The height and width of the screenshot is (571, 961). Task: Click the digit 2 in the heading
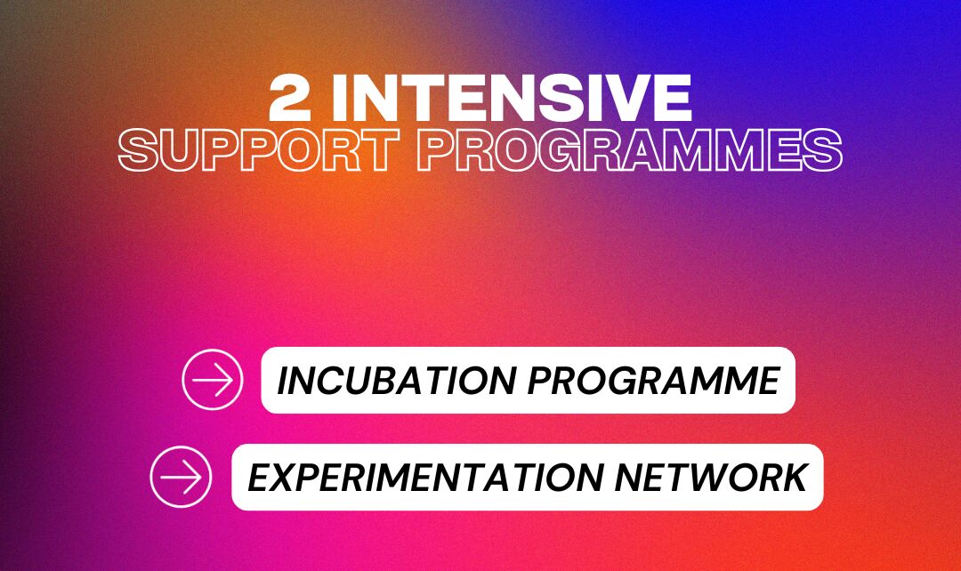pos(290,98)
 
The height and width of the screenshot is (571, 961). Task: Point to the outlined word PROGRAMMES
pos(630,150)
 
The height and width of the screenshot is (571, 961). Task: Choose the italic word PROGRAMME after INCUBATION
pos(654,381)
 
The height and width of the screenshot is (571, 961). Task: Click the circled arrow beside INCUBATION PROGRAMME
pos(213,380)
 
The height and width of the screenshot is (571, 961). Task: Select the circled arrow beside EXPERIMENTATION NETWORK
pos(182,477)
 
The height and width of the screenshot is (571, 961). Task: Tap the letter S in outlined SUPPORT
pos(139,150)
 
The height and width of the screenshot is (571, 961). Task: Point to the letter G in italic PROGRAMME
pos(629,381)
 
